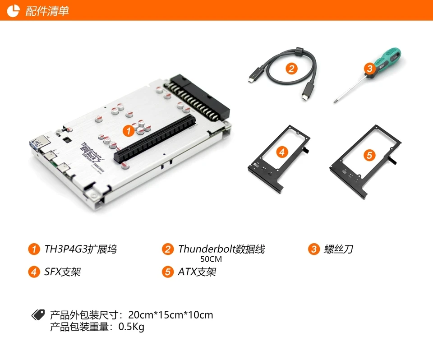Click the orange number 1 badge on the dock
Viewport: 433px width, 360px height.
tap(128, 131)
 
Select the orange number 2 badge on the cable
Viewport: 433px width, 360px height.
tap(292, 69)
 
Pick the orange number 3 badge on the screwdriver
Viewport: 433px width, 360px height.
tap(369, 69)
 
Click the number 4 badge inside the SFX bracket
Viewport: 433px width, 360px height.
tap(281, 152)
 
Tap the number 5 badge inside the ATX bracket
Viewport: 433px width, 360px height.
tap(369, 155)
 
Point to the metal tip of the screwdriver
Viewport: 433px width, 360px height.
tap(336, 101)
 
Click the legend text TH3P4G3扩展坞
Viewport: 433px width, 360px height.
tap(80, 249)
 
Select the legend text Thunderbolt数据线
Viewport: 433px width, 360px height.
tap(221, 249)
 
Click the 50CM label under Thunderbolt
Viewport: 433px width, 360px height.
tap(211, 259)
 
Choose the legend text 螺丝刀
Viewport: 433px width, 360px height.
tap(338, 249)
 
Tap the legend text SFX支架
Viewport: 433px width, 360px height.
tap(63, 272)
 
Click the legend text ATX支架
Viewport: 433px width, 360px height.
tap(197, 272)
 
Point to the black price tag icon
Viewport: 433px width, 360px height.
tap(38, 314)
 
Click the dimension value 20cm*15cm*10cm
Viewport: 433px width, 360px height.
tap(170, 315)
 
